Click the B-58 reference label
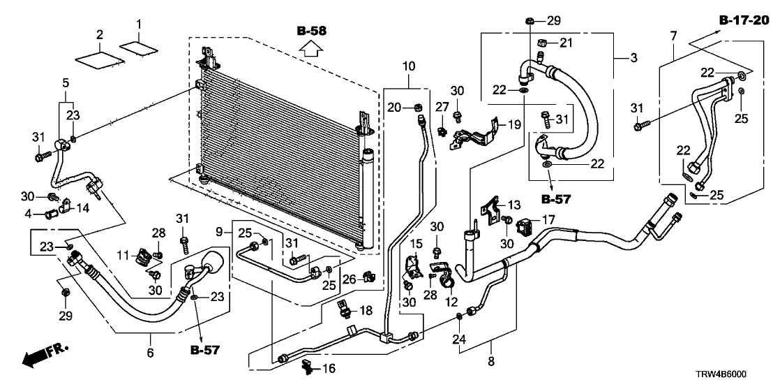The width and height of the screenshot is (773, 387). pos(311,31)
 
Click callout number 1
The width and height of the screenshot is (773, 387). pos(137,24)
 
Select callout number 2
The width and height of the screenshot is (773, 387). pos(100,34)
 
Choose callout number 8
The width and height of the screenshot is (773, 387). pos(490,362)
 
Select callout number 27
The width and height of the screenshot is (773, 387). pos(441,106)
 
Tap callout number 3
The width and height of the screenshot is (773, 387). pos(633,58)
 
